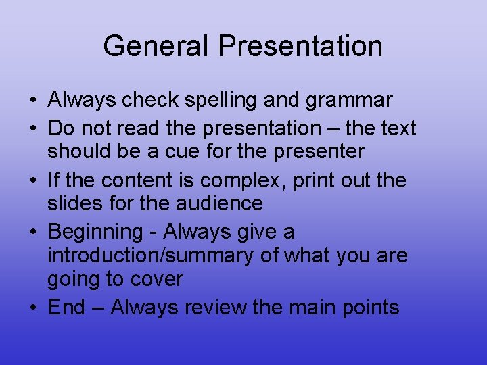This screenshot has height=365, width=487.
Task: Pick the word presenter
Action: coord(319,151)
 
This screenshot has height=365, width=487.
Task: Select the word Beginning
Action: coord(95,232)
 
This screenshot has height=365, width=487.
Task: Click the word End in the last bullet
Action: coord(66,308)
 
